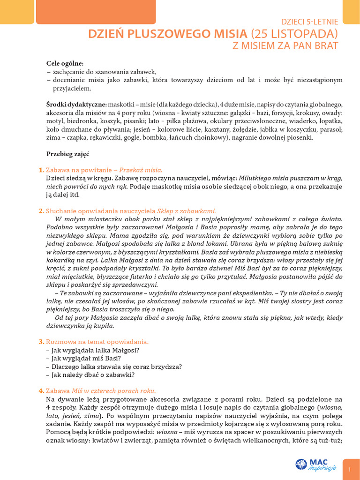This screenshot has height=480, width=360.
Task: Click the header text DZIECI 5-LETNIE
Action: click(309, 21)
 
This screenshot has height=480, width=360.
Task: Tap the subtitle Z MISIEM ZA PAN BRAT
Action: click(285, 45)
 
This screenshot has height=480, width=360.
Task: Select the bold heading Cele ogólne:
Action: click(65, 63)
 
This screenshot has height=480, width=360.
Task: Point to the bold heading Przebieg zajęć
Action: click(67, 154)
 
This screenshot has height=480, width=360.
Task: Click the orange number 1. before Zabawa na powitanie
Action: click(41, 170)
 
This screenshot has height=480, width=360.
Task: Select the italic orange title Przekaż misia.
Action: click(141, 170)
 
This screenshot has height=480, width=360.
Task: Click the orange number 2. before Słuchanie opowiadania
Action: click(41, 211)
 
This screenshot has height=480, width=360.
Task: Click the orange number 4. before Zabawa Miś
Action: click(41, 391)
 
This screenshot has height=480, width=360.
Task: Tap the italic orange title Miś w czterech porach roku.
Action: click(113, 391)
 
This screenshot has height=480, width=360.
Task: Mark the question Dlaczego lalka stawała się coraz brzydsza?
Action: click(114, 367)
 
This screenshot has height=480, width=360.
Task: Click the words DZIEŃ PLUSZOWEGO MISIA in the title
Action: click(168, 33)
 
